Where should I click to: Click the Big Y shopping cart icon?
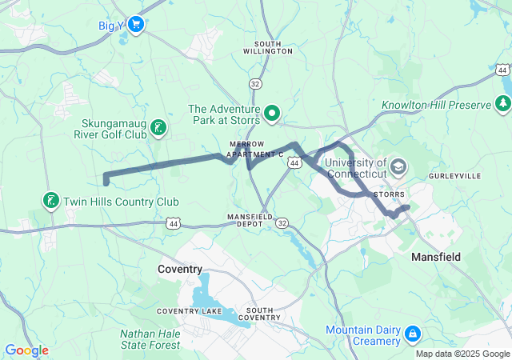[x=135, y=25]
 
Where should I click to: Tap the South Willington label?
[x=273, y=46]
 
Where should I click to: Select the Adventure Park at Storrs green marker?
[x=271, y=114]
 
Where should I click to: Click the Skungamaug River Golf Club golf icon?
[x=159, y=127]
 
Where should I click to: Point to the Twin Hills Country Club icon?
[x=51, y=200]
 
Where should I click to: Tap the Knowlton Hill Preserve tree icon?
[x=503, y=104]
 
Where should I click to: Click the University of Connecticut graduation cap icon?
[x=398, y=168]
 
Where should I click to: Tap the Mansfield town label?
[x=435, y=257]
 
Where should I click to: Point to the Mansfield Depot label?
[x=250, y=221]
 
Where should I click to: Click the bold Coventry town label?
[x=180, y=270]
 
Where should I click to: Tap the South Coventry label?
[x=264, y=314]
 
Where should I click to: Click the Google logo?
[x=26, y=350]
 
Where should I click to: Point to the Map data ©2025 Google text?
[x=462, y=354]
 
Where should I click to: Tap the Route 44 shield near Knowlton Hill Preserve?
[x=502, y=70]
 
